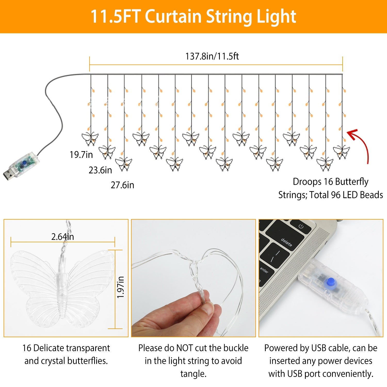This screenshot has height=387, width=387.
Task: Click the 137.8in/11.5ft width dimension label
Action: [212, 56]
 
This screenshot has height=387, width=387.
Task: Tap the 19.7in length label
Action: [81, 155]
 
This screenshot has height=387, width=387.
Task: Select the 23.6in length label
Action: [100, 170]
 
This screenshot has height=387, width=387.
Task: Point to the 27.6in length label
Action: [123, 185]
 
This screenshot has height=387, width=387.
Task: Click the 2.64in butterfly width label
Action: [63, 237]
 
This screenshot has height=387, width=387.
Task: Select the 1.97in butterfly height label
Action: [120, 287]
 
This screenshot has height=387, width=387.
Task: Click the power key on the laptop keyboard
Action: [301, 226]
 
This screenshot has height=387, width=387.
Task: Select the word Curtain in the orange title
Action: [173, 17]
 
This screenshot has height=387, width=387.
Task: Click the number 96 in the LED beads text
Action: [336, 195]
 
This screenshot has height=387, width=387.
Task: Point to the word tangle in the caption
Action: [193, 374]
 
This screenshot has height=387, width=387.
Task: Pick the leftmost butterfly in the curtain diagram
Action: [90, 139]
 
